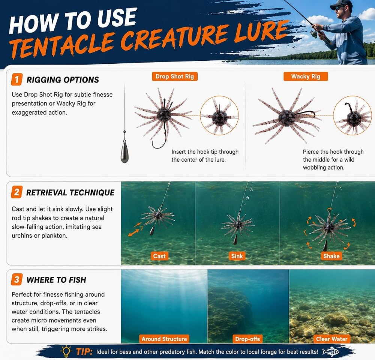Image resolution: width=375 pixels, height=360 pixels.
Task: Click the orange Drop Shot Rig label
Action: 175,76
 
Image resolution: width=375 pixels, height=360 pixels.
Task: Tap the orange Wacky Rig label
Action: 306,76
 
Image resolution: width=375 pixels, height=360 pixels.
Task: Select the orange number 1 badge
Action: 17,79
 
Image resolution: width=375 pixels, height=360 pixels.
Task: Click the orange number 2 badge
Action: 17,192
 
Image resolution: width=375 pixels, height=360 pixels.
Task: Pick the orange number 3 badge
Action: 17,279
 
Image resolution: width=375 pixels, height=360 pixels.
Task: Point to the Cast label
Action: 159,256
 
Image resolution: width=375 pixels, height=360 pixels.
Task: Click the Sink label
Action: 237,256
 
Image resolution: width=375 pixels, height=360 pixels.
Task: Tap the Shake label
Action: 331,256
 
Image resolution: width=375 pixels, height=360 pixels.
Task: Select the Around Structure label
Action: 164,339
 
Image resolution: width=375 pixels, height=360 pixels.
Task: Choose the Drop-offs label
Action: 247,339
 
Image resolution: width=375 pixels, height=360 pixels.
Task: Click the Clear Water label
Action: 332,339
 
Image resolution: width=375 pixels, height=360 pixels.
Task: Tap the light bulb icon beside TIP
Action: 66,351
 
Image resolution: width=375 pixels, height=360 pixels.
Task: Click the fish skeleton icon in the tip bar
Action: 331,352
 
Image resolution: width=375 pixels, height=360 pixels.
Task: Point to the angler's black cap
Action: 342,4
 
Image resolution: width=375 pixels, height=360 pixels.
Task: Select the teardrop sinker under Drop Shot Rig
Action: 124,151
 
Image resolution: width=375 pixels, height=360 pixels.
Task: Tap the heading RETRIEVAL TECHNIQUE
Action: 70,192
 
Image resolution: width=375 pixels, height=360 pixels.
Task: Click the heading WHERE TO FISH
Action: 57,280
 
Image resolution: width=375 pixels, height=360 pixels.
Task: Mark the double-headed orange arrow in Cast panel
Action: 133,232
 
